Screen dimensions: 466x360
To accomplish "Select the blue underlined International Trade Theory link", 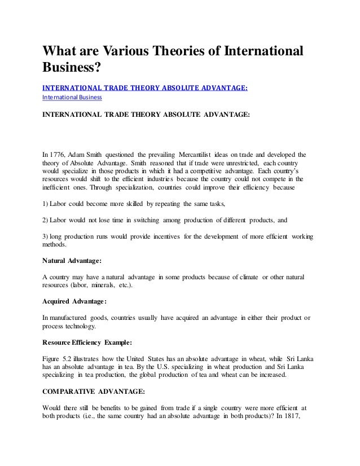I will pos(146,87).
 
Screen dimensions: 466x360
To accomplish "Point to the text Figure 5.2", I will pos(58,358).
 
